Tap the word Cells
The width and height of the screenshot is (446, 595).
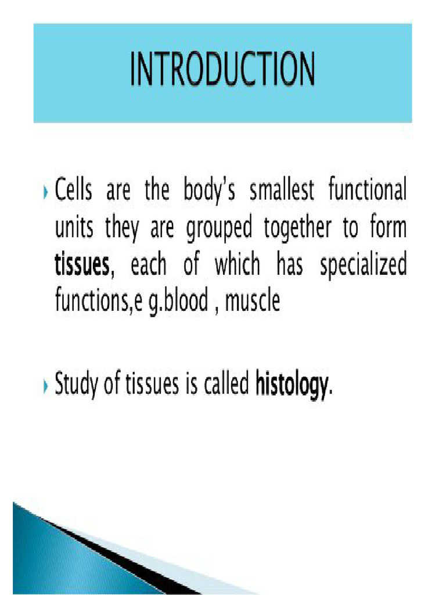coord(73,192)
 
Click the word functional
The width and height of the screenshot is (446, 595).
coord(368,192)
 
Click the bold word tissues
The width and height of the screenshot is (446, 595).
coord(82,266)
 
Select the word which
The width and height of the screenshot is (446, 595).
coord(238,266)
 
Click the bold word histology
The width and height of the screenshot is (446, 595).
coord(292,385)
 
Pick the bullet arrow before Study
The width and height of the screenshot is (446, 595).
coord(46,386)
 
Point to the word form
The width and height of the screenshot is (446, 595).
coord(389,228)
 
